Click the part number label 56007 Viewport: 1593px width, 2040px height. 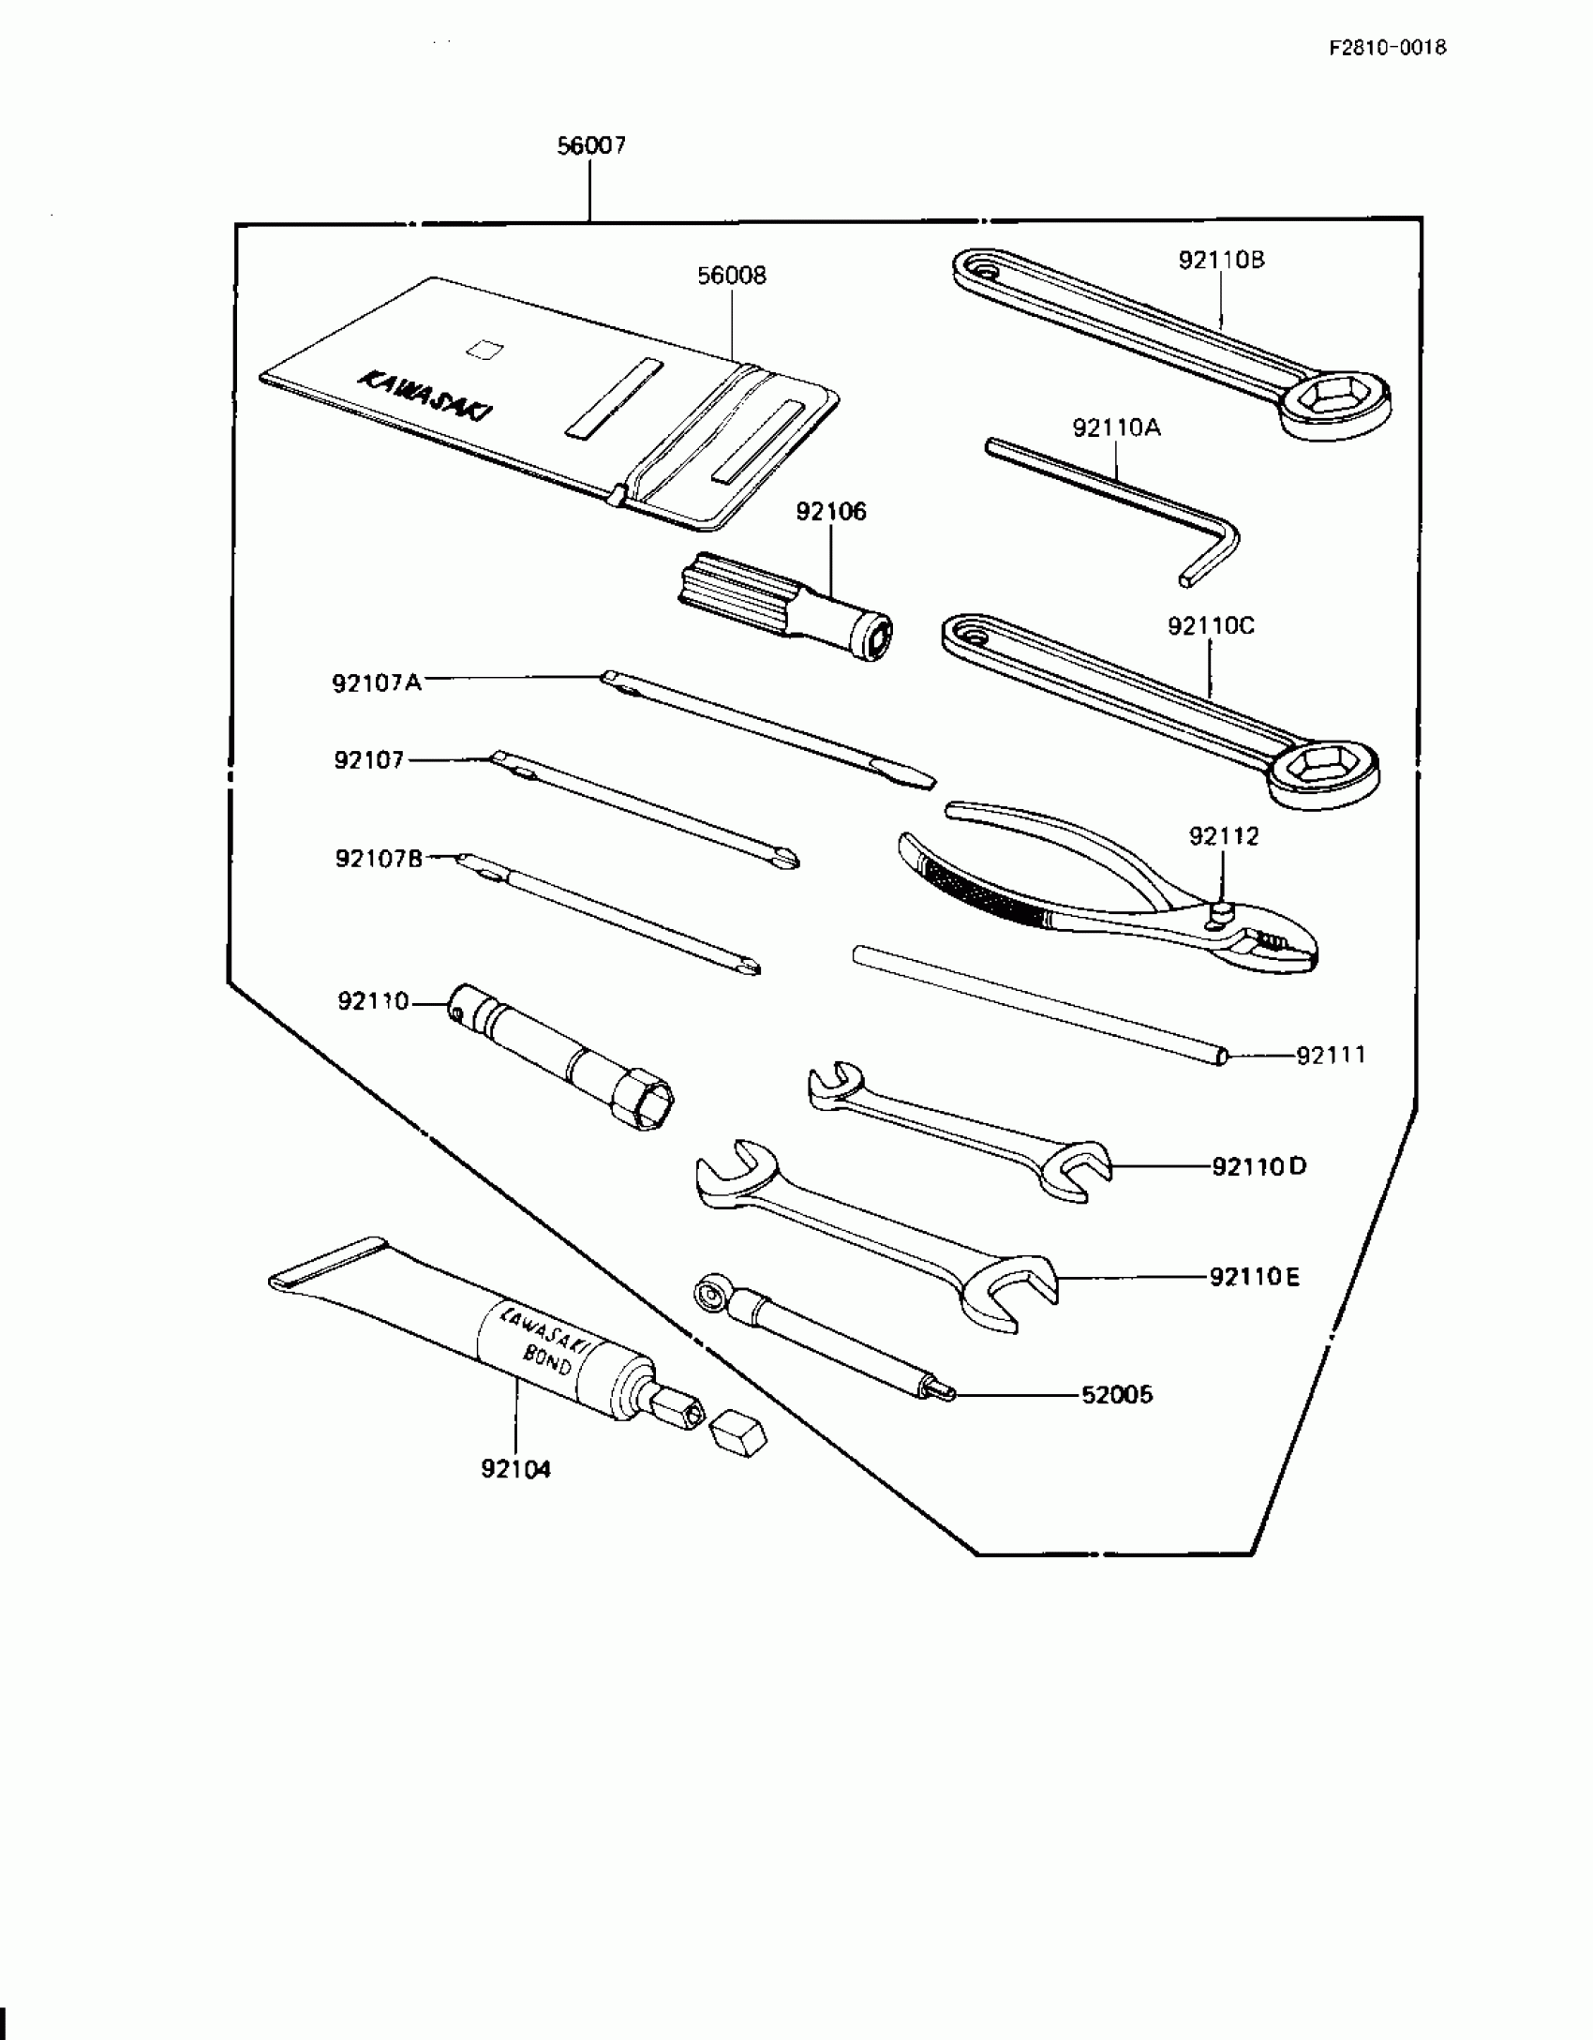pos(591,146)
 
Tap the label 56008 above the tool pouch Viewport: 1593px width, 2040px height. pos(731,276)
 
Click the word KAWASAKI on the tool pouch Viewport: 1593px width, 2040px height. pos(427,397)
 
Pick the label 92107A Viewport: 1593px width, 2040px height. pos(377,682)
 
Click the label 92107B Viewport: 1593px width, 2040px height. pos(379,858)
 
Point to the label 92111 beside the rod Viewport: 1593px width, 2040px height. pos(1331,1056)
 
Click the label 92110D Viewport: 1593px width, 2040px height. pos(1258,1167)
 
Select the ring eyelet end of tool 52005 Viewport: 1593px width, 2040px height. pos(709,1295)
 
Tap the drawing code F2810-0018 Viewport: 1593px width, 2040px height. pos(1387,48)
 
